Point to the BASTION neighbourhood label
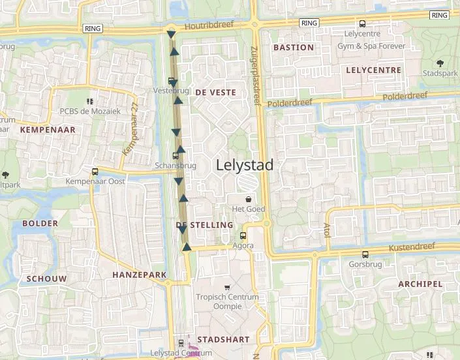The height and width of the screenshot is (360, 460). (x=294, y=48)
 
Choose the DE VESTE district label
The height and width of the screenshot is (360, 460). (x=215, y=93)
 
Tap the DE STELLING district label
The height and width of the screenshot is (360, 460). (x=204, y=225)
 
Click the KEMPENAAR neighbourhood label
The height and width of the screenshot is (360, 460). (x=48, y=130)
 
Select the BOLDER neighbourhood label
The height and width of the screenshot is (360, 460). (x=40, y=223)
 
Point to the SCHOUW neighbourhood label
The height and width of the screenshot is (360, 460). (x=46, y=278)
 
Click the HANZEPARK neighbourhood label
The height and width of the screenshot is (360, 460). (x=140, y=275)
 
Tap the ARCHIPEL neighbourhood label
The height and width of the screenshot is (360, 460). (x=420, y=284)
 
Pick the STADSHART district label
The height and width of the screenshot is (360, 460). (x=223, y=340)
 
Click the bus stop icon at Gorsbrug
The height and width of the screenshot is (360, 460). (x=365, y=255)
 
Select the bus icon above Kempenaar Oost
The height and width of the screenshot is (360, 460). (x=95, y=172)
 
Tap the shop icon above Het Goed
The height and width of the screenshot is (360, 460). (x=248, y=199)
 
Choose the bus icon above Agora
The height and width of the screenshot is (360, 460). (x=243, y=236)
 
